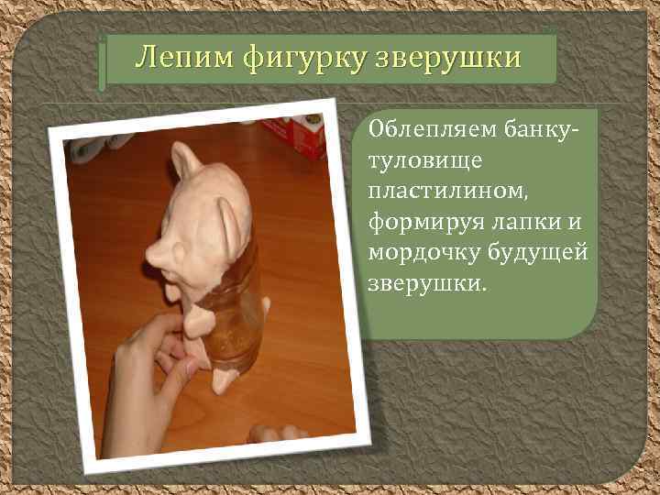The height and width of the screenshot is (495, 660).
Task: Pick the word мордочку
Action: (x=428, y=252)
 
